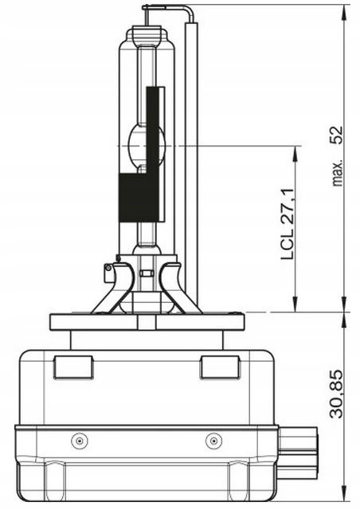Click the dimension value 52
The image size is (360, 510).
(336, 135)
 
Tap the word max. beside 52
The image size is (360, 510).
(338, 173)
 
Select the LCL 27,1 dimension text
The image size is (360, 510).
(288, 224)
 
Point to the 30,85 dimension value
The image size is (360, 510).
(336, 394)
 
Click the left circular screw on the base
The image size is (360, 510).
(80, 441)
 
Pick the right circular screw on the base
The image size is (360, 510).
(213, 441)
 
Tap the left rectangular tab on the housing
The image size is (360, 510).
(73, 367)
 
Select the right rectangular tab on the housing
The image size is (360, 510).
(220, 367)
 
